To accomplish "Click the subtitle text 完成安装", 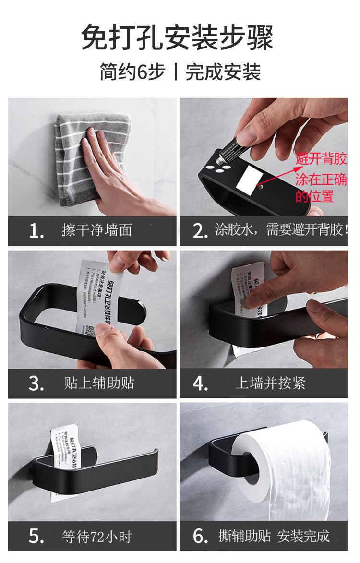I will pos(223,72).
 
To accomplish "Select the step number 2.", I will pos(200,231).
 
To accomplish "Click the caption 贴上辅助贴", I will pos(99,383).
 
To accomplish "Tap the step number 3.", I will pos(36,383).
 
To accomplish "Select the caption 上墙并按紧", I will pos(270,383).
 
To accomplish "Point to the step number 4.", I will pos(200,383).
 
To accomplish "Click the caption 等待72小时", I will pos(96,536).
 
